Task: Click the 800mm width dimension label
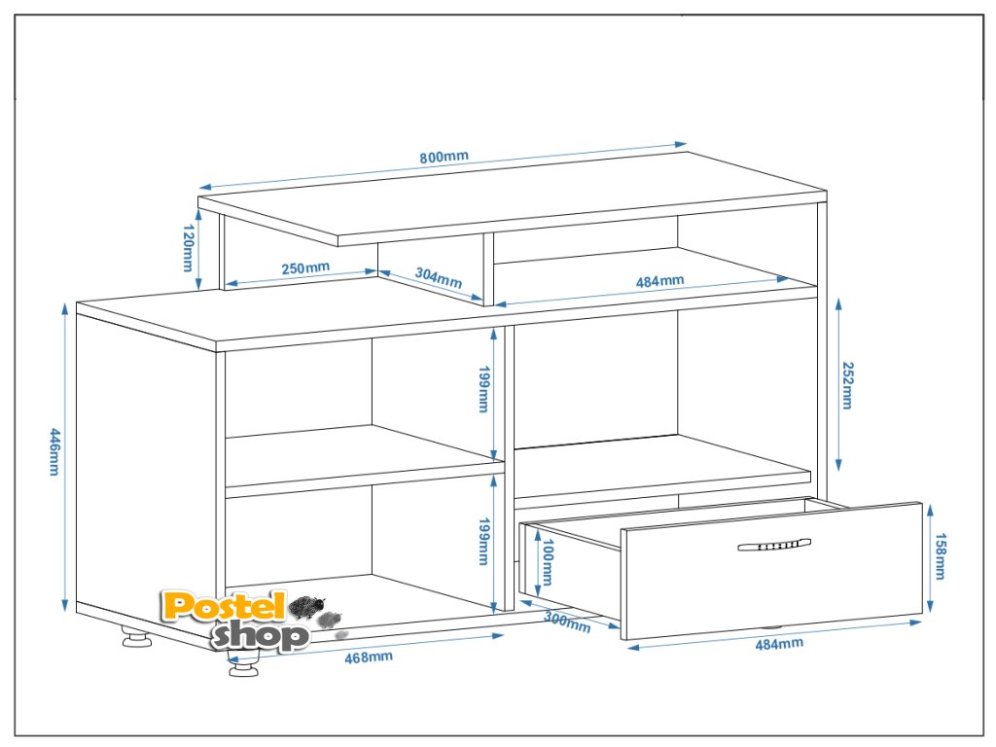pyautogui.click(x=445, y=158)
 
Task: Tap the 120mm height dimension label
pyautogui.click(x=188, y=249)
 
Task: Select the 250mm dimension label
pyautogui.click(x=305, y=268)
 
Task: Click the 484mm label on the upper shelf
pyautogui.click(x=660, y=281)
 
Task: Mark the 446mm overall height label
pyautogui.click(x=54, y=452)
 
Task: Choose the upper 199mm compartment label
pyautogui.click(x=482, y=390)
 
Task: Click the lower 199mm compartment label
pyautogui.click(x=482, y=541)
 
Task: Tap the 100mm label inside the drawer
pyautogui.click(x=547, y=563)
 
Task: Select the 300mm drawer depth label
pyautogui.click(x=567, y=621)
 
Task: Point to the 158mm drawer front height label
pyautogui.click(x=941, y=557)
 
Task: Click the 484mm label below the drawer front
pyautogui.click(x=780, y=643)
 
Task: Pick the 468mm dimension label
pyautogui.click(x=369, y=657)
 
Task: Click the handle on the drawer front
pyautogui.click(x=774, y=546)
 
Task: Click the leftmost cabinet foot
pyautogui.click(x=135, y=639)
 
